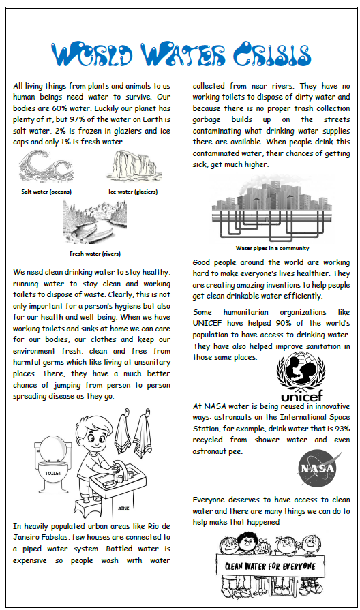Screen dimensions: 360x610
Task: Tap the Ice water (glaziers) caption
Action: (134, 192)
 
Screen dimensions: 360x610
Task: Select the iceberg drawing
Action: (133, 167)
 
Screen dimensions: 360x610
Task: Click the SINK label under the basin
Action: (123, 508)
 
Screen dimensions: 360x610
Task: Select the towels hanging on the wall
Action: (134, 436)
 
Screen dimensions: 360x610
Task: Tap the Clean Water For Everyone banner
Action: (271, 567)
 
